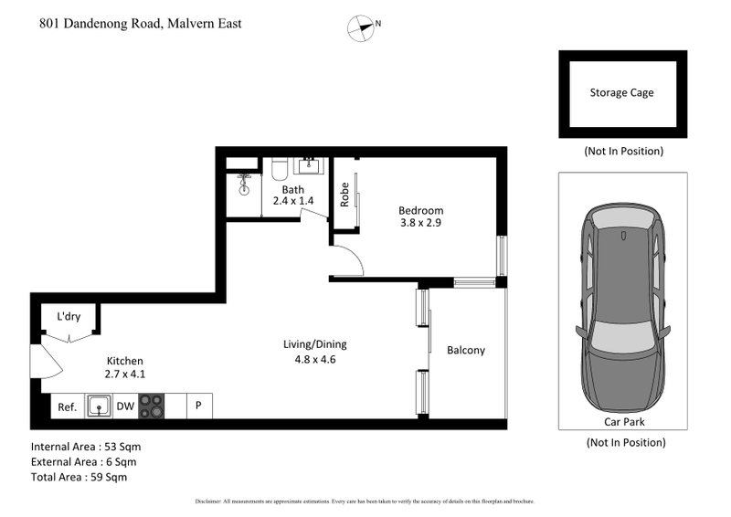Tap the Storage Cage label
point(621,92)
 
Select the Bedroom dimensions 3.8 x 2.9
point(421,223)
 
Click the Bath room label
point(293,189)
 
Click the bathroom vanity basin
point(311,165)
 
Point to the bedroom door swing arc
point(352,261)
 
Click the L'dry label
point(69,317)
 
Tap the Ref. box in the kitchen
point(67,406)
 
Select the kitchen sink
point(99,406)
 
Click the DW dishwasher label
point(124,406)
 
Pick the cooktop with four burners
point(151,406)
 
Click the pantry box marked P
point(199,406)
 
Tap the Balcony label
point(465,351)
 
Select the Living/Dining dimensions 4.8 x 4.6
point(313,360)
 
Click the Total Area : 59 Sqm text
point(79,477)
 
